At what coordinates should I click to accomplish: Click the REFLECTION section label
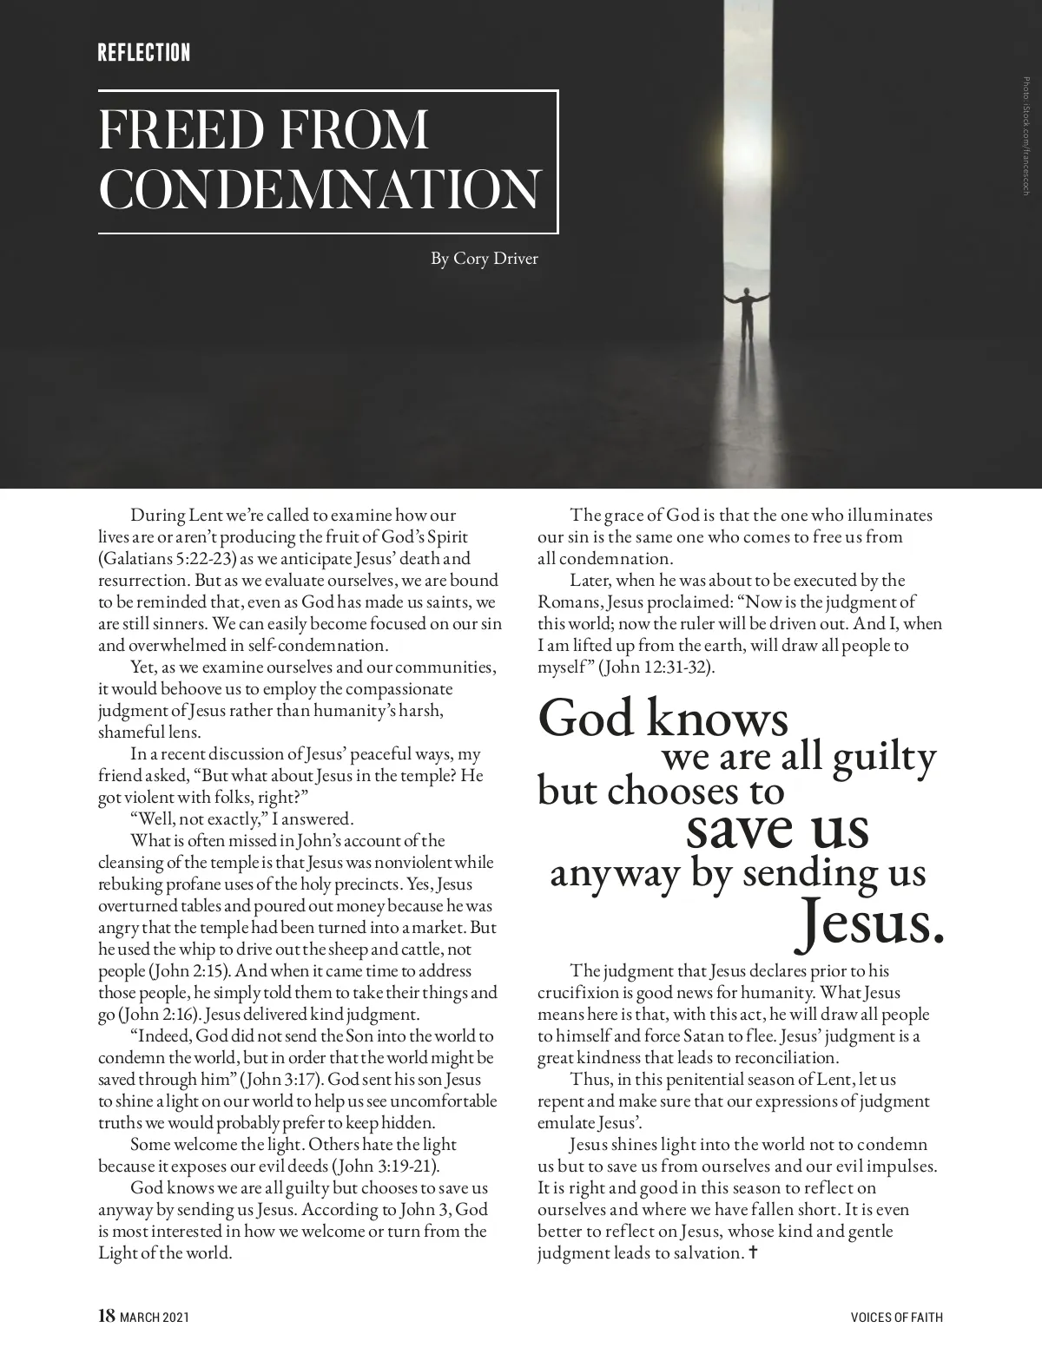[x=144, y=53]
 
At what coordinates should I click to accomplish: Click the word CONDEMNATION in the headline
[x=320, y=189]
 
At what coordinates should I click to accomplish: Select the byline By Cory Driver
[x=485, y=259]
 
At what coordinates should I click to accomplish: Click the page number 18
[x=106, y=1316]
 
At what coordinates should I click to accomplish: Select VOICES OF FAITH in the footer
[x=896, y=1318]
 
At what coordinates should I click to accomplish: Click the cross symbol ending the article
[x=753, y=1252]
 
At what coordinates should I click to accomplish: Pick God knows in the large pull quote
[x=663, y=719]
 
